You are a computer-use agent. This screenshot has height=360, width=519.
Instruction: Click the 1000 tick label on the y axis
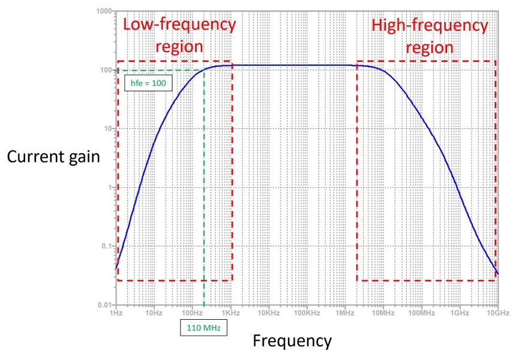tap(105, 11)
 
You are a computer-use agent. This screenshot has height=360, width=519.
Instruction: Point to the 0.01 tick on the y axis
tap(106, 305)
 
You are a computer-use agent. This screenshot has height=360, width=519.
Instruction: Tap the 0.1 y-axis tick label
tap(107, 247)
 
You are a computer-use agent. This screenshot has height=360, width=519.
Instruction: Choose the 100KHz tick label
tap(306, 313)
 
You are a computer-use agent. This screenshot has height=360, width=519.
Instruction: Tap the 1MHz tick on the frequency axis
tap(344, 313)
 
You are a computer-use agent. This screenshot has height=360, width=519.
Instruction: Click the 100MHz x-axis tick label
tap(421, 313)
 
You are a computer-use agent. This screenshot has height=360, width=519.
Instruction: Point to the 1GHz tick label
tap(459, 313)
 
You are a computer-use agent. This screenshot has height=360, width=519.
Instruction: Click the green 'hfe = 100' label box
tap(148, 82)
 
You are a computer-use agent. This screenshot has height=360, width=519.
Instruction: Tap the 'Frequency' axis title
tap(292, 341)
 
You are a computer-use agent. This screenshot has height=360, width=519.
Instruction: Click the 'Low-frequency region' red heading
tap(179, 35)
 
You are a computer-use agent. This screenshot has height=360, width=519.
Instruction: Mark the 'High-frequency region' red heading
tap(429, 35)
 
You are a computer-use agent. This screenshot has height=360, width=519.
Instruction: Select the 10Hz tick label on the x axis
tap(154, 313)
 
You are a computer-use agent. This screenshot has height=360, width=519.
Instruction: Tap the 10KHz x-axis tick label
tap(268, 313)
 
